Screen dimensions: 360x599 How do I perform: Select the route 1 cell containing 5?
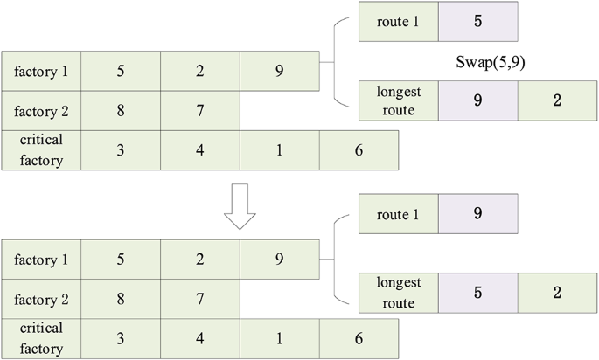(x=477, y=22)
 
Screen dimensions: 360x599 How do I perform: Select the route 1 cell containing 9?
(x=477, y=213)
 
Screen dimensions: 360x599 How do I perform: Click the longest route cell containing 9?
(x=477, y=100)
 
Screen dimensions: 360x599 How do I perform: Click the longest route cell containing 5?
(x=477, y=292)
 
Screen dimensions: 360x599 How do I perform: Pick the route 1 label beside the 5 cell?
(x=399, y=22)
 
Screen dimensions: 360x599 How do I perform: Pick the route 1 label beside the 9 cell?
(x=399, y=213)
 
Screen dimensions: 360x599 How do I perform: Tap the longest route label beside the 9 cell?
(x=399, y=100)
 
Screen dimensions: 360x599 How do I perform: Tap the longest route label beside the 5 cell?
(x=399, y=292)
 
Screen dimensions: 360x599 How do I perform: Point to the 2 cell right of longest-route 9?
(x=557, y=100)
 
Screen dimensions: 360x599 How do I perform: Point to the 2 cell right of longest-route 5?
(x=557, y=292)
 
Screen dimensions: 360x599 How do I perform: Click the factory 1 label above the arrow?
(x=42, y=71)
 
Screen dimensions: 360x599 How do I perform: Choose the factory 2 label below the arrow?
(x=42, y=299)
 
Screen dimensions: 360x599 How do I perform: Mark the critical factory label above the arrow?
(x=42, y=150)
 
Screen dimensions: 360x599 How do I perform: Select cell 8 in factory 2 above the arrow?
(x=121, y=111)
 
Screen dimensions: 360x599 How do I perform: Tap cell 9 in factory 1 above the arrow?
(x=279, y=71)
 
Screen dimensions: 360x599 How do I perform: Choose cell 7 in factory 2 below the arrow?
(x=199, y=299)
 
